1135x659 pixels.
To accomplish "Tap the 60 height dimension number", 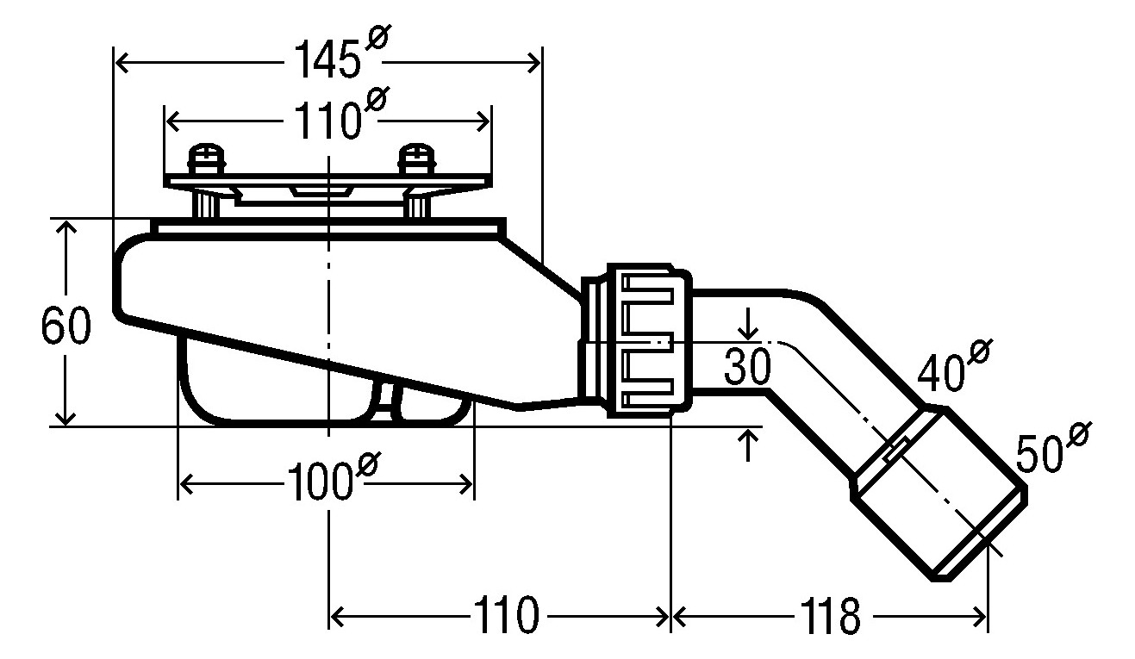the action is (x=65, y=325).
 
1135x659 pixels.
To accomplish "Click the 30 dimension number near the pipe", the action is (x=747, y=366).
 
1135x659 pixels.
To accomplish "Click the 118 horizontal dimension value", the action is (x=830, y=617).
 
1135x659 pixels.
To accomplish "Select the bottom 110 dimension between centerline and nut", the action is (x=506, y=617).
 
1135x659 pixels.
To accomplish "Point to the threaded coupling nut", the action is (x=650, y=340).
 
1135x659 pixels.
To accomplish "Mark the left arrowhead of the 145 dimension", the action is (x=122, y=63).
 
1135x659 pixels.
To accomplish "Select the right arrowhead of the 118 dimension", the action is (x=981, y=617).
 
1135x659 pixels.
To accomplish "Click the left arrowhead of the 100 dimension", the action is (x=187, y=484).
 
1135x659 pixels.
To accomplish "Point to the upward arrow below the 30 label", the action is (x=748, y=445).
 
